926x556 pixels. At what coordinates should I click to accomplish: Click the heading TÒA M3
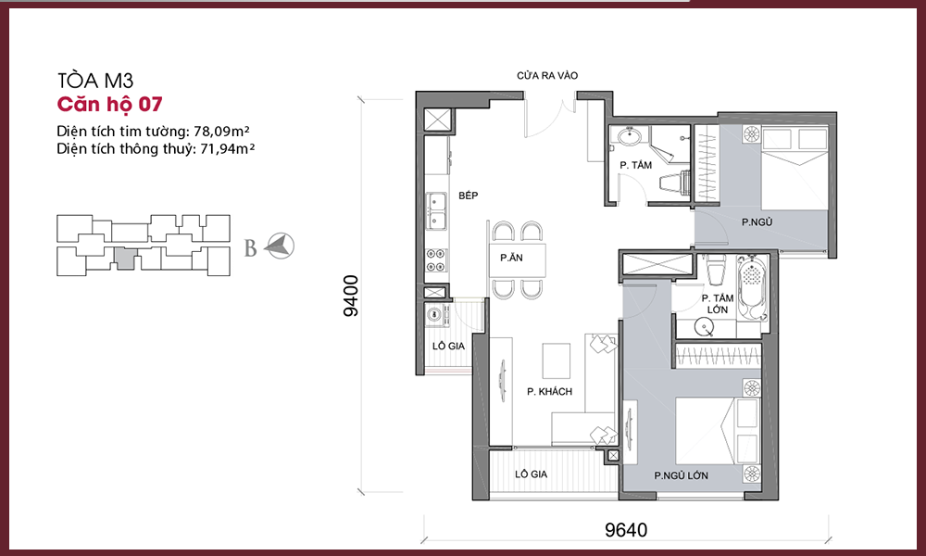(x=95, y=80)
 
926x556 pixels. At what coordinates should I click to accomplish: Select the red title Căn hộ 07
(x=109, y=104)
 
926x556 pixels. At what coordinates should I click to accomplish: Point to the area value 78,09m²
(x=221, y=131)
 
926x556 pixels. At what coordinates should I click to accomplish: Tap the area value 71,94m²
(x=228, y=148)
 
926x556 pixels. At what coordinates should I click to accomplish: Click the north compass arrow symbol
(x=279, y=246)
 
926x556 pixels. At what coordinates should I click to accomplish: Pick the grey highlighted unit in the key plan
(x=125, y=259)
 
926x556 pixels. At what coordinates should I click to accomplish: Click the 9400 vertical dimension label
(x=351, y=296)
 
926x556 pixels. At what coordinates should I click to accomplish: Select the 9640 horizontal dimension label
(x=625, y=529)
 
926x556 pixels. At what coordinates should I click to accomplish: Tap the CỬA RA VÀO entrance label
(x=547, y=76)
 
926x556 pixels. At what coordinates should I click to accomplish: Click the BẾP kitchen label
(x=468, y=196)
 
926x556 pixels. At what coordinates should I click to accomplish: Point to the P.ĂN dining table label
(x=511, y=258)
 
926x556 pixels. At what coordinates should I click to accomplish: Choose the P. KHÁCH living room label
(x=549, y=391)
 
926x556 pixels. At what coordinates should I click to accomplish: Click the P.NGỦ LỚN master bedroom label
(x=681, y=475)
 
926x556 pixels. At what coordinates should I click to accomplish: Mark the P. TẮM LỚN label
(x=718, y=304)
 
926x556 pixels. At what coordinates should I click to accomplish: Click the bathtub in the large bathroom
(x=752, y=288)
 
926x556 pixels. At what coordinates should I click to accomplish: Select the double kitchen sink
(x=436, y=211)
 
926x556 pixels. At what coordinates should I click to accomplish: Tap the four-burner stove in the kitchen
(x=436, y=260)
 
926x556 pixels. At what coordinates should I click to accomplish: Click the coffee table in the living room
(x=557, y=360)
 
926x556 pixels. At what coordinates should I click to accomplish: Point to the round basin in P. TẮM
(x=630, y=136)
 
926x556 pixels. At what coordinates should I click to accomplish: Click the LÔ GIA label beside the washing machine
(x=448, y=347)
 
